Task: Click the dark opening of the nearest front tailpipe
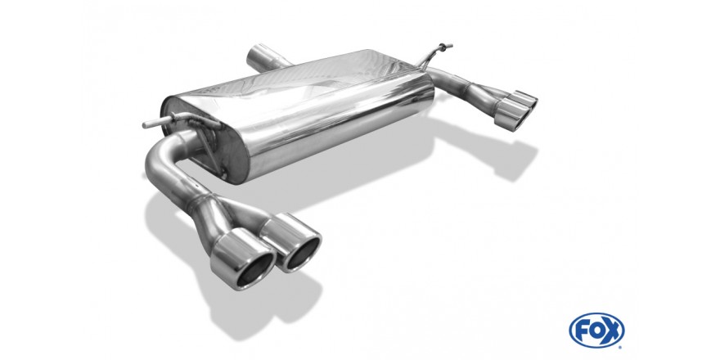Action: pos(250,271)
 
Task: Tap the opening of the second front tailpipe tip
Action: pos(302,250)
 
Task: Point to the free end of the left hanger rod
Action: pos(145,125)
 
